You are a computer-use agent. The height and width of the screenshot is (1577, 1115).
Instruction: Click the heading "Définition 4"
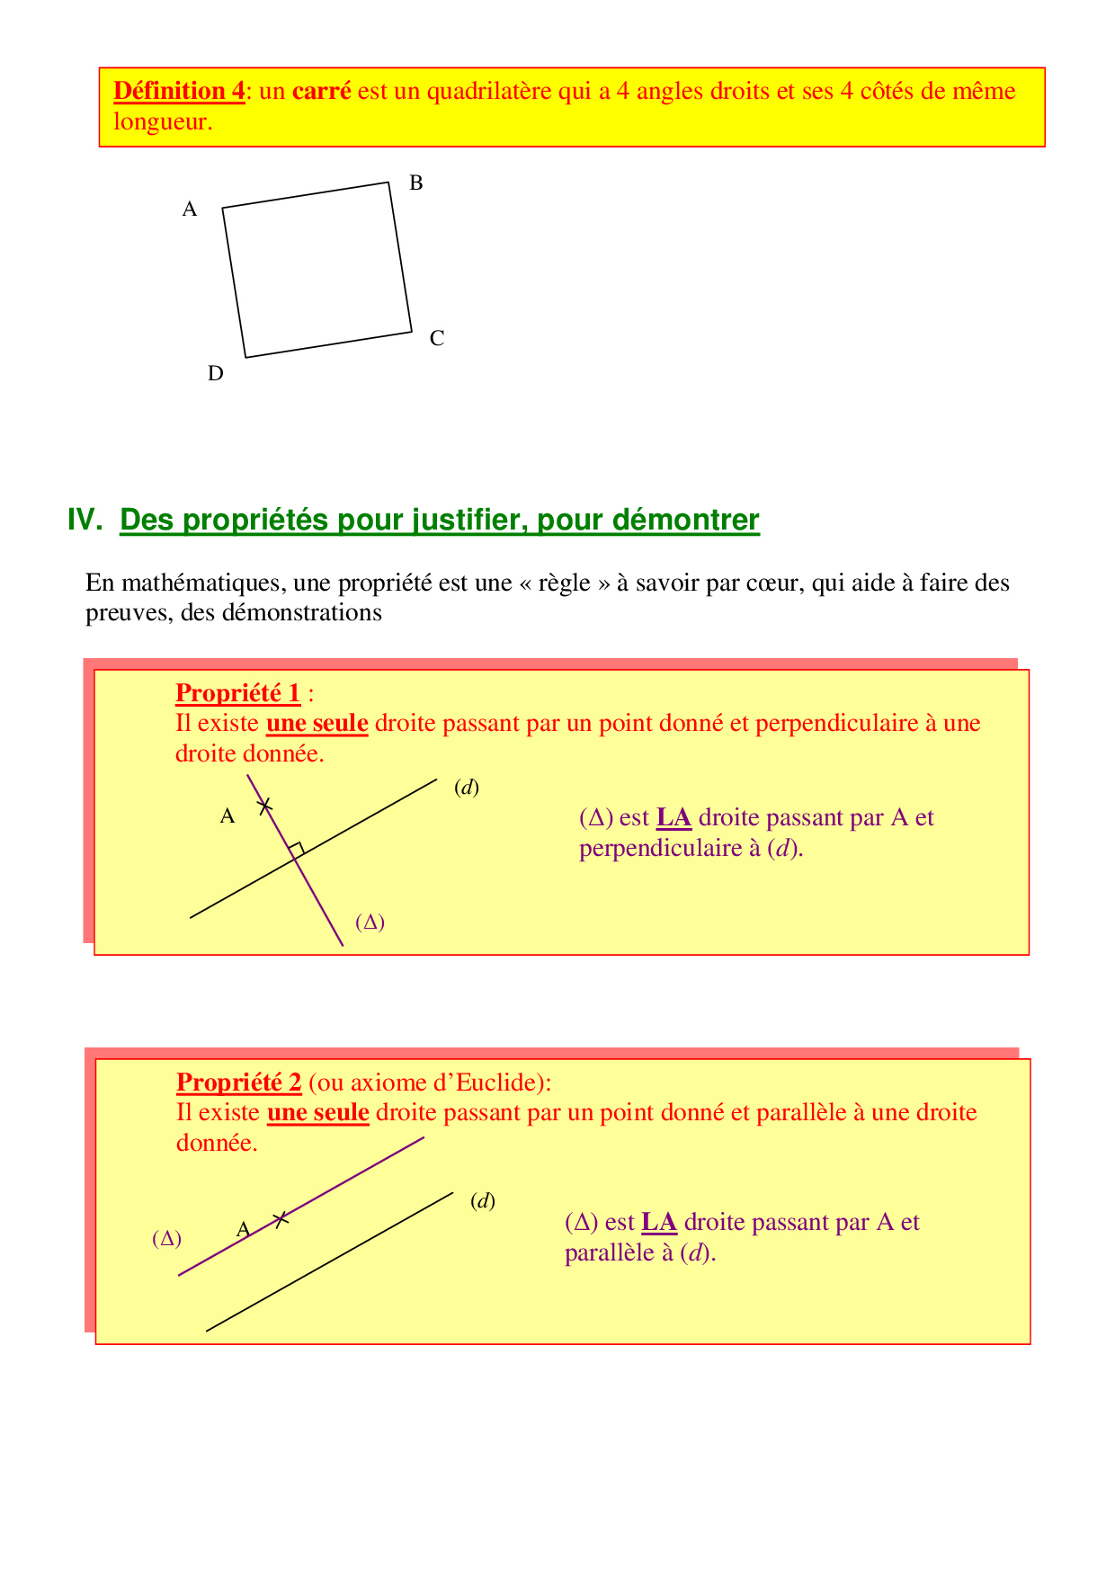179,91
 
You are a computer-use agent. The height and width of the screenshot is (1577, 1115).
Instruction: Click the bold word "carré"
321,91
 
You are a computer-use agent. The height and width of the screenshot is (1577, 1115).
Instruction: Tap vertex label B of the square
416,183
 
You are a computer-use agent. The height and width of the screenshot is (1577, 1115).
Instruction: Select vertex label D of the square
216,373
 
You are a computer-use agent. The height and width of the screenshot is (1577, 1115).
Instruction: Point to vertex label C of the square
437,339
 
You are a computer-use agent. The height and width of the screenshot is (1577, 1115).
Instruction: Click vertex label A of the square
190,209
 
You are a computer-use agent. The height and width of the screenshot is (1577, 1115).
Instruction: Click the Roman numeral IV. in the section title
85,520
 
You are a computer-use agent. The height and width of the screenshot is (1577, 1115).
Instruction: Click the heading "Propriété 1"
238,693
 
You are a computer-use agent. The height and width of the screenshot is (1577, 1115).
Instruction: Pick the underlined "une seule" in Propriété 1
317,724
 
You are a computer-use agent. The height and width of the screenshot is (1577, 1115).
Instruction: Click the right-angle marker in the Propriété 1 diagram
297,848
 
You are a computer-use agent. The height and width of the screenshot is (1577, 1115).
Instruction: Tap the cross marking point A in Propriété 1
264,806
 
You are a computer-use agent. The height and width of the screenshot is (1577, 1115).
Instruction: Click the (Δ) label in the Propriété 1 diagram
370,922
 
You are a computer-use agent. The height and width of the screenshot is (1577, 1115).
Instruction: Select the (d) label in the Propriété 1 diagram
467,788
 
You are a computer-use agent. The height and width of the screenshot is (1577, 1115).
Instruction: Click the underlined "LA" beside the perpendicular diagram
673,818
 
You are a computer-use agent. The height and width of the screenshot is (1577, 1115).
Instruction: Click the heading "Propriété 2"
239,1083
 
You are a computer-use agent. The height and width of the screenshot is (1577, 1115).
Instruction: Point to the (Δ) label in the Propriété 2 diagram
166,1239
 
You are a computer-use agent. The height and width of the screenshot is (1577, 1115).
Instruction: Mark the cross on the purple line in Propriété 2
281,1219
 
